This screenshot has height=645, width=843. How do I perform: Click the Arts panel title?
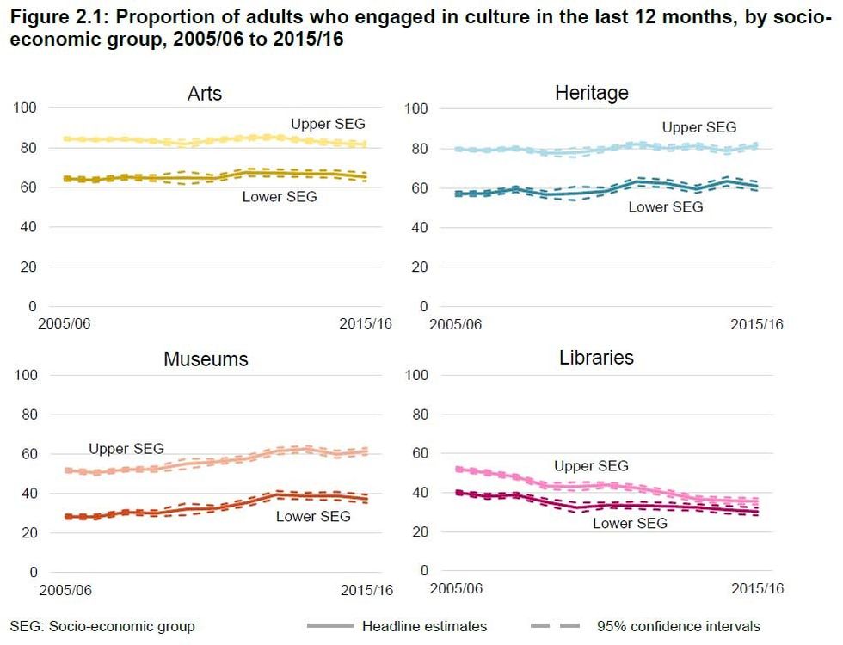pyautogui.click(x=204, y=94)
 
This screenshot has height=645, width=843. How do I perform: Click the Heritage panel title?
pyautogui.click(x=591, y=93)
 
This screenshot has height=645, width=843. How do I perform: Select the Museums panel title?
pyautogui.click(x=206, y=359)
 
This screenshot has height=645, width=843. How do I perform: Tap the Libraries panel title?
pyautogui.click(x=596, y=357)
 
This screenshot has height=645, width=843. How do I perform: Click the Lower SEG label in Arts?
pyautogui.click(x=279, y=197)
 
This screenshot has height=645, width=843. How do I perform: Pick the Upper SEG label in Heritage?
pyautogui.click(x=698, y=127)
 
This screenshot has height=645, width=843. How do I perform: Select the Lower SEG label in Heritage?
pyautogui.click(x=665, y=206)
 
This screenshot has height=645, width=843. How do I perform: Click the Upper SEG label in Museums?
pyautogui.click(x=126, y=449)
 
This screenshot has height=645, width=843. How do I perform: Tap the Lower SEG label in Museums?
pyautogui.click(x=313, y=516)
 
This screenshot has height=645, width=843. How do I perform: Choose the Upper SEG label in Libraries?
pyautogui.click(x=591, y=466)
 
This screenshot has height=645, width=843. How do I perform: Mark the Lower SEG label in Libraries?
pyautogui.click(x=630, y=523)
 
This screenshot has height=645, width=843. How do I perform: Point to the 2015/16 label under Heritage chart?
pyautogui.click(x=757, y=324)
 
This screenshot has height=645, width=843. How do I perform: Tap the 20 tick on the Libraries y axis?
pyautogui.click(x=419, y=531)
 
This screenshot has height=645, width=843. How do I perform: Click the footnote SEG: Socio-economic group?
pyautogui.click(x=102, y=626)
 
